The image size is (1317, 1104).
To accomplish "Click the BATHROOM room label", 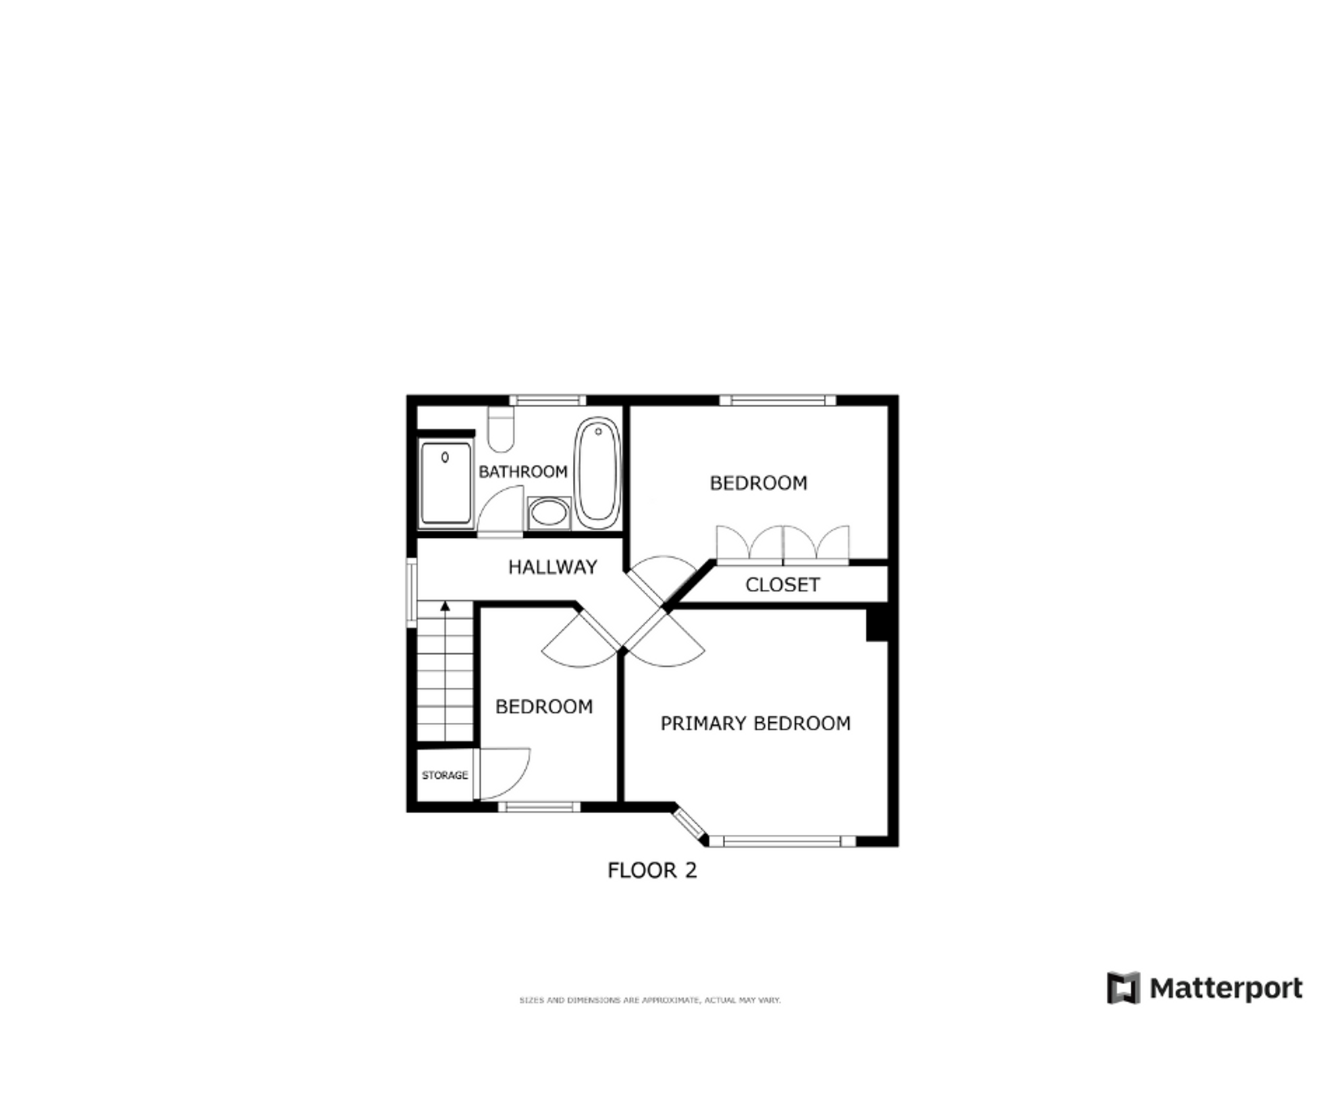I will [x=522, y=471].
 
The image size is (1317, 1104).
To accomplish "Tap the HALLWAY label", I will [x=552, y=567].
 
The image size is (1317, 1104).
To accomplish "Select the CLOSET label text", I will [x=782, y=585].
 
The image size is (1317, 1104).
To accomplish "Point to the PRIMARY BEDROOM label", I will [x=755, y=723].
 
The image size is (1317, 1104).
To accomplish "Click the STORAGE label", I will [x=444, y=775].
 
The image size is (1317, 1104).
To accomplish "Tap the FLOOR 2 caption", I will [x=651, y=871].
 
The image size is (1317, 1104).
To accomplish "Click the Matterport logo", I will [x=1204, y=989].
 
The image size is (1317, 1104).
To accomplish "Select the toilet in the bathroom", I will [x=501, y=429].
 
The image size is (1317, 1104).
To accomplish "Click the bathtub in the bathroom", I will [x=597, y=473].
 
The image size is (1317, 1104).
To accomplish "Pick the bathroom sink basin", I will [x=549, y=513].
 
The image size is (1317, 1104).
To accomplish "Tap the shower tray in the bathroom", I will [x=446, y=484].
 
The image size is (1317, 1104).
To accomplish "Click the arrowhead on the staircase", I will [x=445, y=606].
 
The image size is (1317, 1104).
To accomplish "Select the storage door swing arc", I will [x=506, y=773].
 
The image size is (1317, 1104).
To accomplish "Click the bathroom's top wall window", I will [x=547, y=400].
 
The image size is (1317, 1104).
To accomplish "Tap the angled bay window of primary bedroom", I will [x=688, y=823].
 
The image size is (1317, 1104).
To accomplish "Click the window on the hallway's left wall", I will [x=412, y=592].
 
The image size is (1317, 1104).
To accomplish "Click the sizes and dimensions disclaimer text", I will [x=650, y=1000].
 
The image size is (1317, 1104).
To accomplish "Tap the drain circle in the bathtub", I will [x=598, y=432].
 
